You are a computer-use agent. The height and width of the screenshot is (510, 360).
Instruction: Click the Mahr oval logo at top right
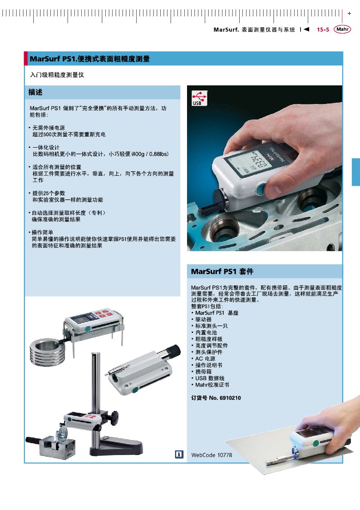[342, 29]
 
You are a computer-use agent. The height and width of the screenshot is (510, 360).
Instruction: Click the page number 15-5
[323, 30]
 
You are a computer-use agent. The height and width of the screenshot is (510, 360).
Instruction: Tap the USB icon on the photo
[199, 98]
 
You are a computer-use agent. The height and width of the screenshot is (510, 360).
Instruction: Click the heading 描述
[35, 92]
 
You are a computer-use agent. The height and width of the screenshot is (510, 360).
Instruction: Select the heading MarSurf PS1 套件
[222, 272]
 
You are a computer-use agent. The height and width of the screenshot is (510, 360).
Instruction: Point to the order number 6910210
[230, 398]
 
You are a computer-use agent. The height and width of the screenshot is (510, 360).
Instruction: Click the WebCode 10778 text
[212, 455]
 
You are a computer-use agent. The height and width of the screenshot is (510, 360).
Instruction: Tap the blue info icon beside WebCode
[179, 455]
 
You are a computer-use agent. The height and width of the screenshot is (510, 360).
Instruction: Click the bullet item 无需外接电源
[49, 128]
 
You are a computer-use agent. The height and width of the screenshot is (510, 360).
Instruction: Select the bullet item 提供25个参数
[49, 193]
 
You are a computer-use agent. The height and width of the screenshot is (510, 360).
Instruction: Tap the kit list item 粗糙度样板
[209, 339]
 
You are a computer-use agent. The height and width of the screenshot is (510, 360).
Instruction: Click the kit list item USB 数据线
[210, 378]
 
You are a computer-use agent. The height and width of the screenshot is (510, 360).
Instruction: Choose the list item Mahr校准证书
[212, 385]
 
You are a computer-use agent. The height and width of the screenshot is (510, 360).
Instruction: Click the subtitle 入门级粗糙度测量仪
[57, 75]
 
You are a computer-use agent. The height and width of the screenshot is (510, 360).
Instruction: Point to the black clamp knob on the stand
[113, 417]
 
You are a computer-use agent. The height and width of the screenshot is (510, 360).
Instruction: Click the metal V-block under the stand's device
[57, 447]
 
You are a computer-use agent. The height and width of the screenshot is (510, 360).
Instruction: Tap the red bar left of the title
[26, 59]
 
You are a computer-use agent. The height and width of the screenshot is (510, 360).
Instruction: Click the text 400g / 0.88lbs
[151, 154]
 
